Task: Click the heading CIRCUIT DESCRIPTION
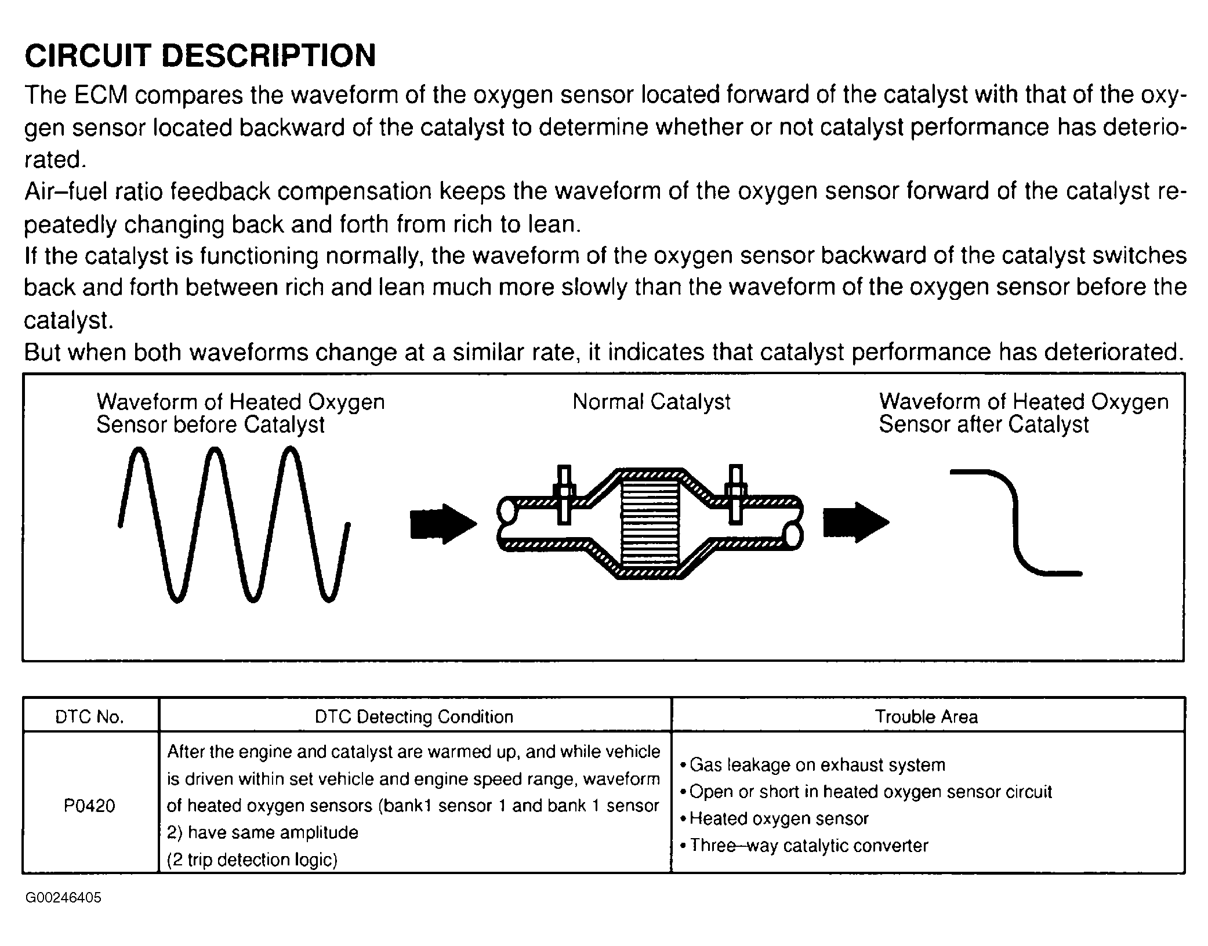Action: (x=200, y=56)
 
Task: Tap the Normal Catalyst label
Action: (x=651, y=401)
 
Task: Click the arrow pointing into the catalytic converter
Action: (x=442, y=524)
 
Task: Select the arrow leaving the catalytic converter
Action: (x=855, y=522)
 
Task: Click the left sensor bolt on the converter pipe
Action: (x=563, y=495)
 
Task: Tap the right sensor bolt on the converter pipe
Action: (x=735, y=494)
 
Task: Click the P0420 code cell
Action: (x=89, y=806)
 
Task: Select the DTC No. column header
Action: (x=89, y=717)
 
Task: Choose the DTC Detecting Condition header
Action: (x=413, y=717)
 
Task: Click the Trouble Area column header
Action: (x=926, y=717)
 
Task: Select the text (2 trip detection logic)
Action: (x=252, y=860)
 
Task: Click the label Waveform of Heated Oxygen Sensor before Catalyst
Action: (x=240, y=413)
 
